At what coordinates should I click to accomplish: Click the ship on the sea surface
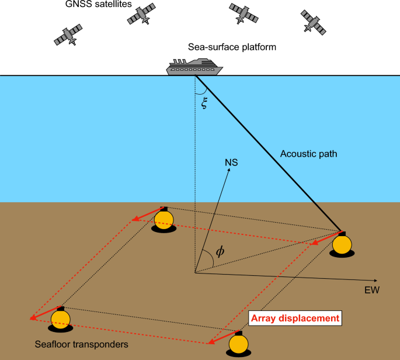194,67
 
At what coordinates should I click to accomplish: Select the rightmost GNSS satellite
314,22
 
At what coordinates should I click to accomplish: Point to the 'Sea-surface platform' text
232,47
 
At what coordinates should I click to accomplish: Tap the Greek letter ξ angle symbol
204,105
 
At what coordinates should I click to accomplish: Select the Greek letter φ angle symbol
220,252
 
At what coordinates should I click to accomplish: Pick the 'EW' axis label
371,289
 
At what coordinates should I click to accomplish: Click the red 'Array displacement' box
295,319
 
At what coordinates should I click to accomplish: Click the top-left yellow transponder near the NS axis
164,219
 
